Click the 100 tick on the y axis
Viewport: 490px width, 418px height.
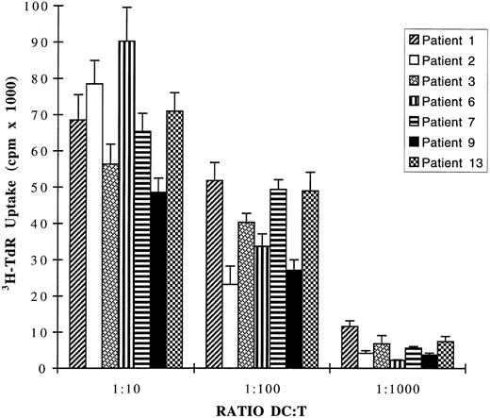pos(32,8)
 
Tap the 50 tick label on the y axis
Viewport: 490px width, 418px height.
pos(35,188)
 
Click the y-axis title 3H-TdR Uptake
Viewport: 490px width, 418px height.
pos(10,189)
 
